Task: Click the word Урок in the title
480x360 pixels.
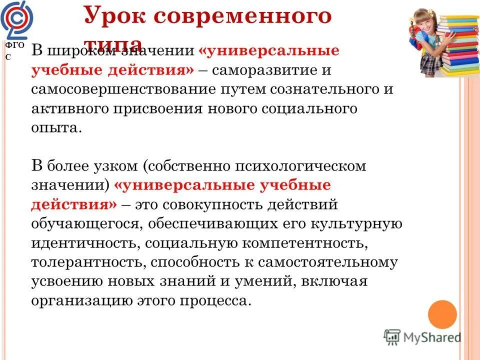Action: (x=112, y=16)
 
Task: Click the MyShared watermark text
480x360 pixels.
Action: (x=431, y=337)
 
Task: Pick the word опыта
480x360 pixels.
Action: (x=55, y=127)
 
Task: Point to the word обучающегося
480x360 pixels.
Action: (x=85, y=223)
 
